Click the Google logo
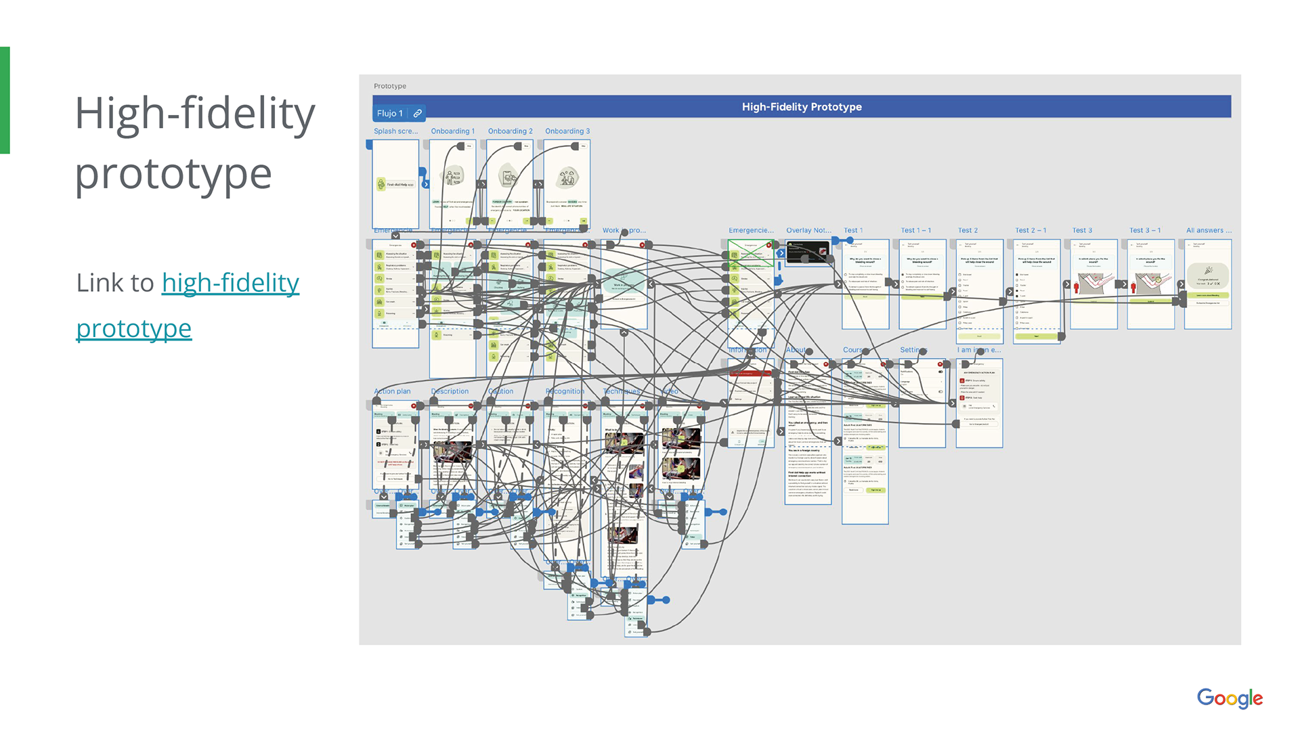1229,698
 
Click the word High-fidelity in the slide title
195,113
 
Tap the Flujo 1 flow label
389,113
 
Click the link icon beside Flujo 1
418,113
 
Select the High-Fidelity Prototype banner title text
802,107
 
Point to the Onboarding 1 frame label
452,131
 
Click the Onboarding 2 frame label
510,131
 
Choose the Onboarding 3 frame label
567,131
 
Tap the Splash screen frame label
395,131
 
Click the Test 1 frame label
852,231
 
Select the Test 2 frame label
968,231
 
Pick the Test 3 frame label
1082,231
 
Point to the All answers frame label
1209,231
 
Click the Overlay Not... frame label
808,231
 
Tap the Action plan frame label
392,391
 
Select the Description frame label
450,391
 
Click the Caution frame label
501,391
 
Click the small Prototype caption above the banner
390,86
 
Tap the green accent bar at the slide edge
5,100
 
